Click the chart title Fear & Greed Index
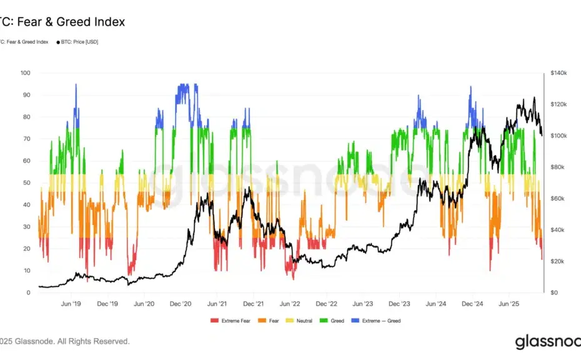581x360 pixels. click(62, 22)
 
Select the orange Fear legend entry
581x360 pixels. click(271, 321)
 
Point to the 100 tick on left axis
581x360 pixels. click(26, 73)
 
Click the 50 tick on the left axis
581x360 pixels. click(27, 183)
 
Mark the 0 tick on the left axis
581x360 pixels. click(28, 292)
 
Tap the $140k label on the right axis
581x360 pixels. click(559, 73)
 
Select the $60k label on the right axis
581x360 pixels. click(559, 199)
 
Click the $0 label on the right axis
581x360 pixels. click(554, 292)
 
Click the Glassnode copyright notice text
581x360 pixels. click(65, 341)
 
